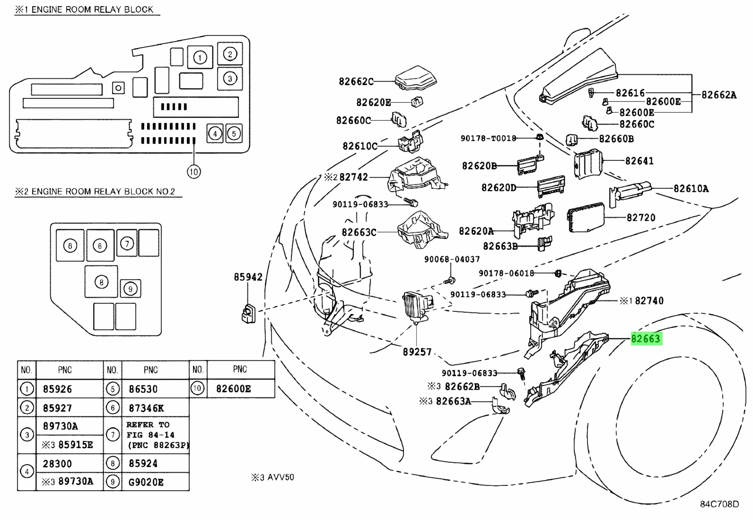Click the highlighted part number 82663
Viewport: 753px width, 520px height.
[x=646, y=338]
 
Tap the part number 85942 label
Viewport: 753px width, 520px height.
[x=248, y=277]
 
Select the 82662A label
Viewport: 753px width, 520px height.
[x=719, y=95]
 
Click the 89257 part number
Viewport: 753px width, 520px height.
[x=417, y=352]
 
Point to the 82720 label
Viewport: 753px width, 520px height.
[x=641, y=218]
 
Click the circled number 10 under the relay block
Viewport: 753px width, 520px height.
[x=193, y=172]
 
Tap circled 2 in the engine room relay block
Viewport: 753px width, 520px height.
[x=230, y=54]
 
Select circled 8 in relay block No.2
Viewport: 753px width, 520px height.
[x=101, y=282]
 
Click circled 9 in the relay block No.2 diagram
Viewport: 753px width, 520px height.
[x=131, y=289]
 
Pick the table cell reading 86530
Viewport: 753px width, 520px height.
[x=143, y=389]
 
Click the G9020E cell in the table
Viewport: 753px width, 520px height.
[x=146, y=482]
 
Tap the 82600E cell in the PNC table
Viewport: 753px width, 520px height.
[x=233, y=389]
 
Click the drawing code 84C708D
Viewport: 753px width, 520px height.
[x=719, y=504]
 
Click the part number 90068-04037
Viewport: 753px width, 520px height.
[x=452, y=259]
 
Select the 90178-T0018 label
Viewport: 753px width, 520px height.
[x=488, y=138]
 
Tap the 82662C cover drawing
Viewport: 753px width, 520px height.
[x=416, y=78]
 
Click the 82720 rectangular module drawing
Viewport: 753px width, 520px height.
[x=586, y=217]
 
